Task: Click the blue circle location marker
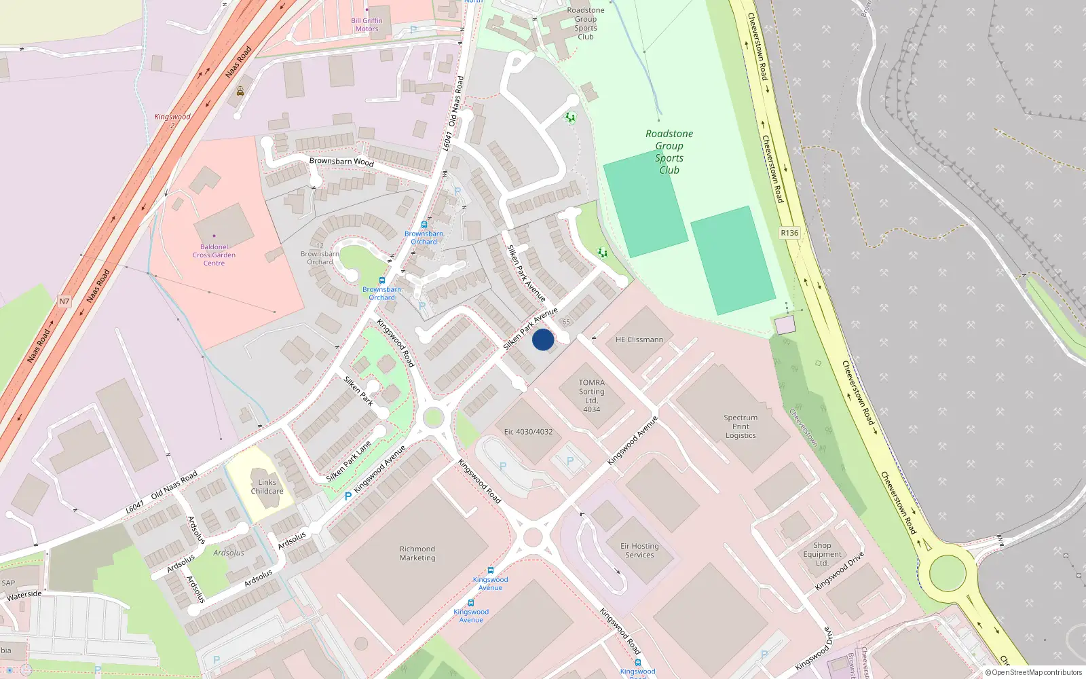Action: point(543,339)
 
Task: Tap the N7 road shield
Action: point(64,301)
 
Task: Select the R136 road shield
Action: point(789,233)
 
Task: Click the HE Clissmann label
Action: point(639,339)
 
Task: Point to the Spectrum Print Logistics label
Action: point(740,426)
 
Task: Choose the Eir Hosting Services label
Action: point(639,550)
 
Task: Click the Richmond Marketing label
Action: point(417,553)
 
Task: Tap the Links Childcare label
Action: point(267,487)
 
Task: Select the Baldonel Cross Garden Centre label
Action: point(214,255)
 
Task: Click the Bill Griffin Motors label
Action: point(367,24)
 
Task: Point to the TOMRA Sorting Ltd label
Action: point(591,395)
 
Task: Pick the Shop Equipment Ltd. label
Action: point(822,554)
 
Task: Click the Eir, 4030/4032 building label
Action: point(528,432)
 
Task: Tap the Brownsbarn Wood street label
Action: point(341,162)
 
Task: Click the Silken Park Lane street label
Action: point(349,462)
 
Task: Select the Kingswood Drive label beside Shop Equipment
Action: point(840,570)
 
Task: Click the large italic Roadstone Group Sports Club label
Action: point(669,151)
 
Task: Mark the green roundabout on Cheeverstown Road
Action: point(947,574)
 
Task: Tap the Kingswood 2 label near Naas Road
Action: point(172,120)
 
